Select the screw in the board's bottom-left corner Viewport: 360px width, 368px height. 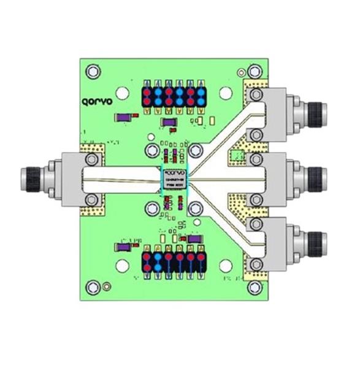point(94,286)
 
